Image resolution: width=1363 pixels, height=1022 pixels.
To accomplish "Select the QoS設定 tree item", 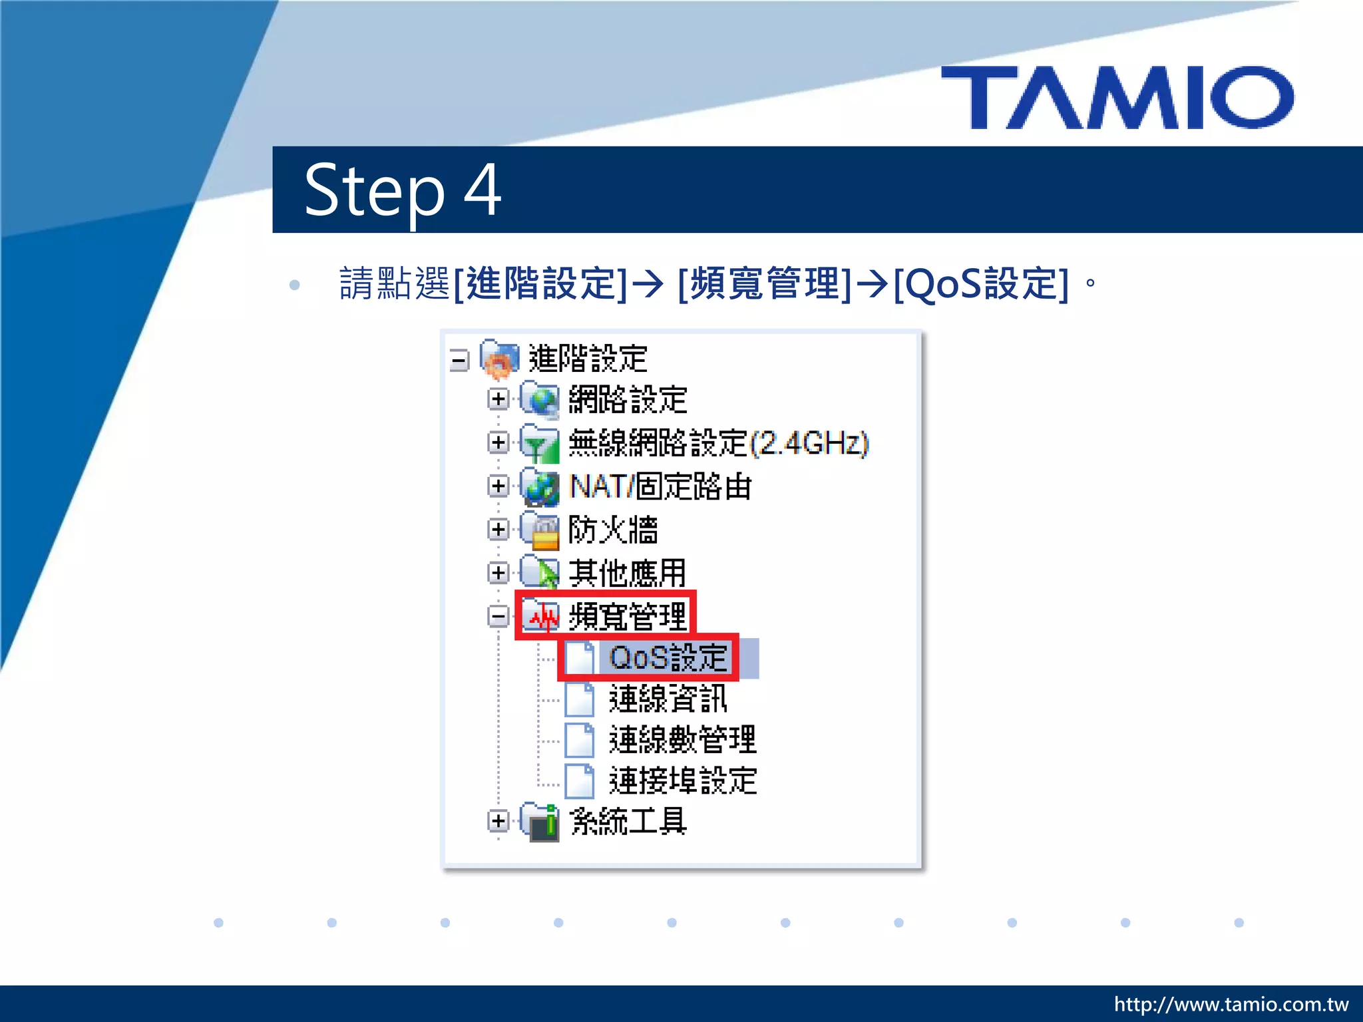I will tap(668, 657).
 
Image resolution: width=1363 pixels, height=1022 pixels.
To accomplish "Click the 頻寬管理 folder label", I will tap(627, 615).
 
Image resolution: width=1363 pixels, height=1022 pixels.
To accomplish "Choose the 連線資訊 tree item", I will tap(668, 699).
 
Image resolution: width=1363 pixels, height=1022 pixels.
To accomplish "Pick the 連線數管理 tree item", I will tap(682, 740).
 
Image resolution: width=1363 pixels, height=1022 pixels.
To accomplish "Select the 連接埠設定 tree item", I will tap(682, 780).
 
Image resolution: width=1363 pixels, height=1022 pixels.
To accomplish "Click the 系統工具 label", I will tap(628, 821).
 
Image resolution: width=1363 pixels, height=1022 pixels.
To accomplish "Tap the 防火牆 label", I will tap(613, 530).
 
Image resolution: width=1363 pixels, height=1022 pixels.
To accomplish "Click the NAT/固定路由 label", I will tap(660, 486).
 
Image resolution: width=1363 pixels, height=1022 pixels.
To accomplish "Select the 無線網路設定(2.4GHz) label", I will tap(719, 443).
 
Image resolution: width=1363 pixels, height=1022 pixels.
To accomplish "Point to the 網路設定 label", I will tap(628, 400).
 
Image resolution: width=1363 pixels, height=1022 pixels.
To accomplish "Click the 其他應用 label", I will tap(627, 573).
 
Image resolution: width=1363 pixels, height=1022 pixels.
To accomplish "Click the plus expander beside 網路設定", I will tap(498, 399).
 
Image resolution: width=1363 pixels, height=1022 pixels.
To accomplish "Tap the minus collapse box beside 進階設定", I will tap(459, 361).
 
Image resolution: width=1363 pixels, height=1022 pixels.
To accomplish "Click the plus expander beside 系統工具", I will tap(498, 820).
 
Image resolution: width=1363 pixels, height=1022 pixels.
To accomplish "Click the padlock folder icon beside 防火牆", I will tap(540, 531).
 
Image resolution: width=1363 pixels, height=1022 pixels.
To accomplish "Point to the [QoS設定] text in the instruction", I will tap(981, 283).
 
